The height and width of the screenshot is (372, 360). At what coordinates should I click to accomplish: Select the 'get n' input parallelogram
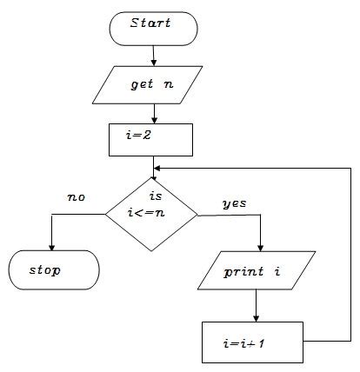pos(152,86)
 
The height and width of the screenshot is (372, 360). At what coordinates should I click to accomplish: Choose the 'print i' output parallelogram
pos(254,272)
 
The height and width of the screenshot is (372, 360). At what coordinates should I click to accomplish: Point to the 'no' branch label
pos(77,197)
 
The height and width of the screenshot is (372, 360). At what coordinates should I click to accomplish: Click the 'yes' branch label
pos(235,203)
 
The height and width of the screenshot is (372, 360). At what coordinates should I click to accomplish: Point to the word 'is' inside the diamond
pos(157,197)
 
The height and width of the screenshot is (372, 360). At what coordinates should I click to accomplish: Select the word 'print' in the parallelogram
pos(243,272)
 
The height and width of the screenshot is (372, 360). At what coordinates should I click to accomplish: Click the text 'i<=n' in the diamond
pos(152,215)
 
